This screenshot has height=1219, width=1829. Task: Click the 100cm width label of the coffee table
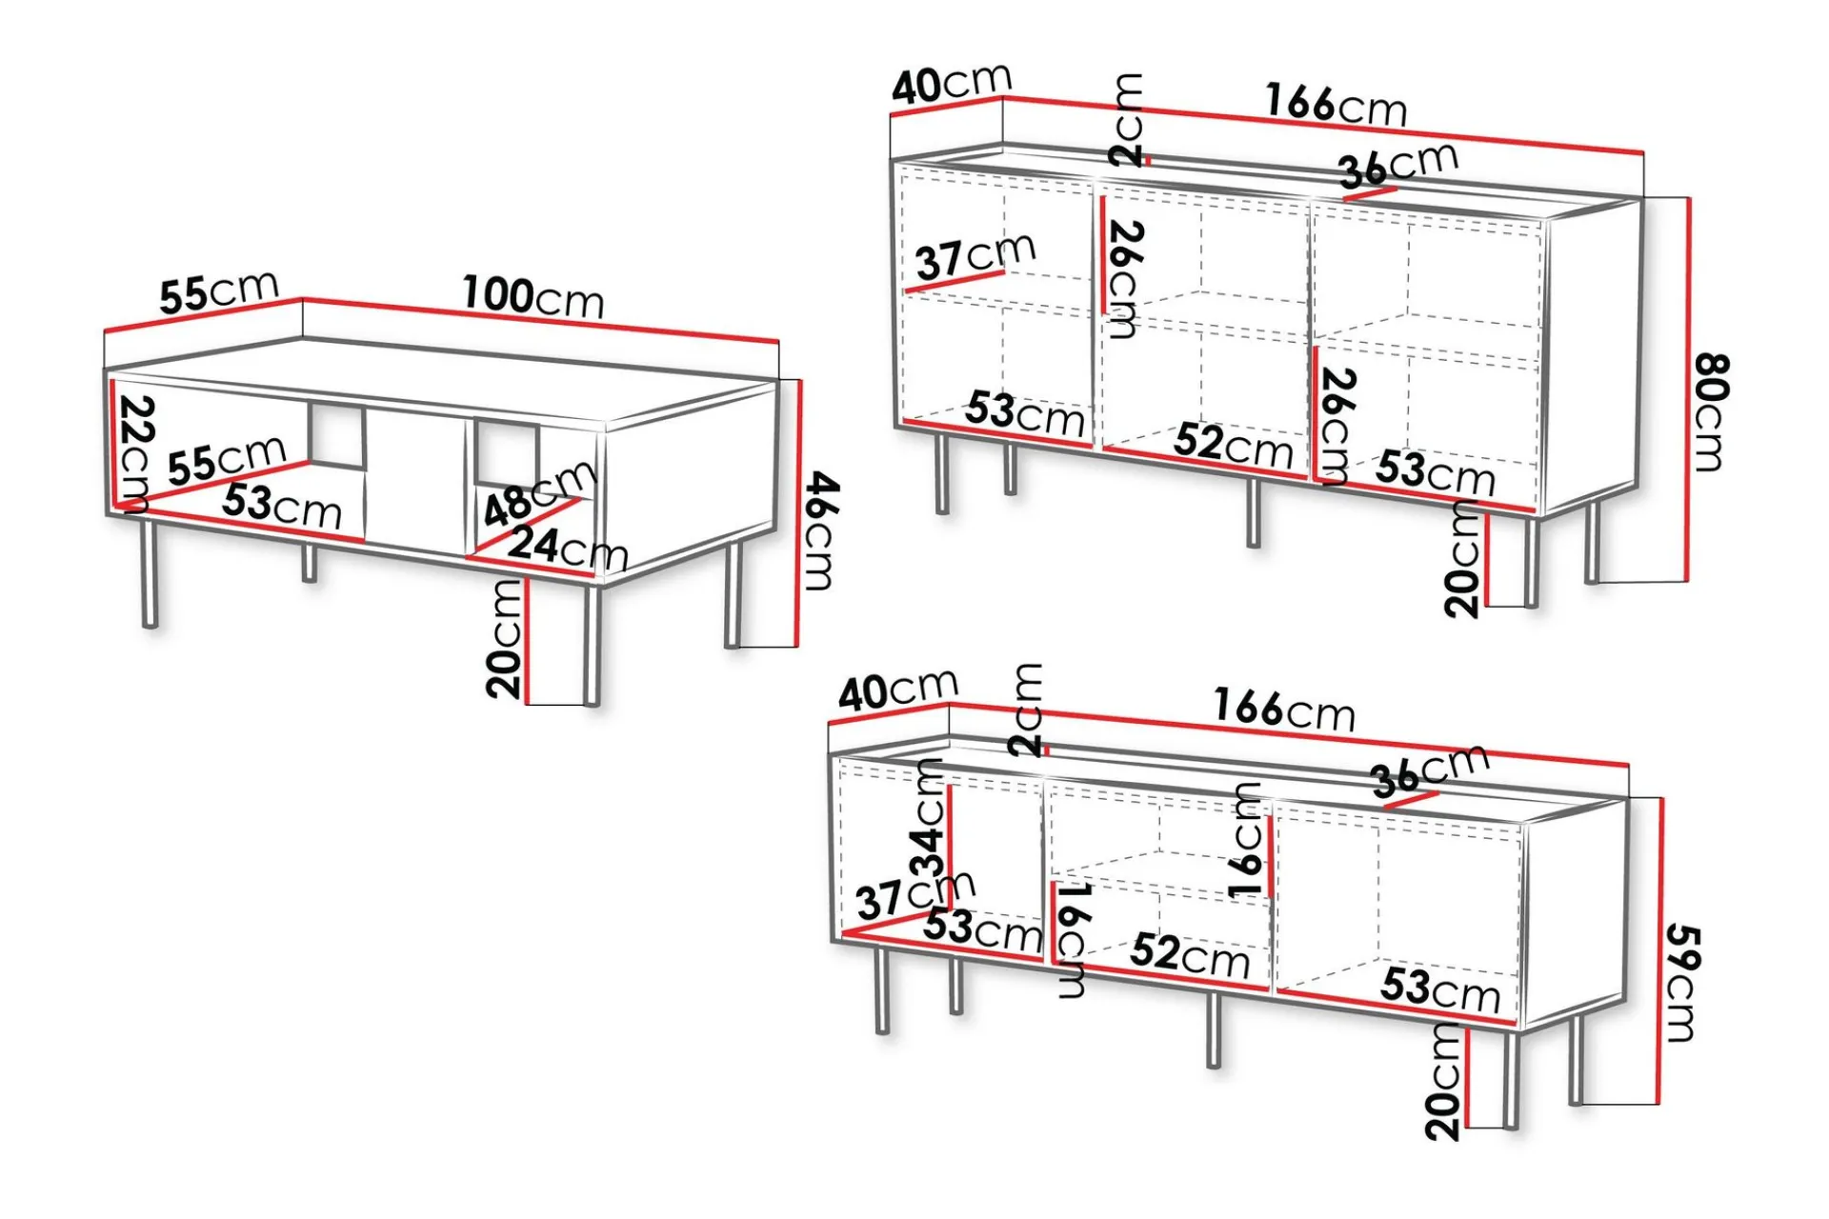click(533, 296)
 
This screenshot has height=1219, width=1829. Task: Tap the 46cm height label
click(819, 530)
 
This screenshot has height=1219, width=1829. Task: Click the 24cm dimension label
click(568, 548)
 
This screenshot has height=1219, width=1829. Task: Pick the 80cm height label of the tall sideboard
click(1712, 411)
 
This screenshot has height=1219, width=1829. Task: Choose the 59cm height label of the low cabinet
click(1682, 983)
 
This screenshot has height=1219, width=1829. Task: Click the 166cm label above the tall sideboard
click(1336, 104)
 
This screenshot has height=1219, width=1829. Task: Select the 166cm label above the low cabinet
click(1284, 709)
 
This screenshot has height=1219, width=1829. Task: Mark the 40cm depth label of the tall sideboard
click(951, 84)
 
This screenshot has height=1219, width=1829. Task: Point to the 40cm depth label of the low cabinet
click(897, 689)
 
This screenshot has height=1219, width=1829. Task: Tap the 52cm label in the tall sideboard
click(1233, 445)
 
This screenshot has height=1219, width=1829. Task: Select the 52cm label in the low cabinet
click(1190, 955)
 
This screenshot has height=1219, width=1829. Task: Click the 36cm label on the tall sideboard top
click(1397, 165)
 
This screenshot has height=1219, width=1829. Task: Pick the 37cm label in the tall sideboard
click(975, 255)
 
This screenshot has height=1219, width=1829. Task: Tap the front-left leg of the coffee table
click(149, 573)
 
